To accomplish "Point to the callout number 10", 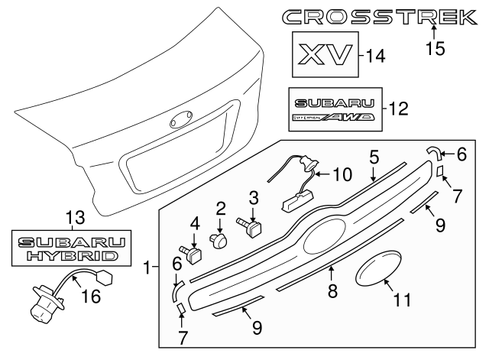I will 342,174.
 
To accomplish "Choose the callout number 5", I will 374,157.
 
